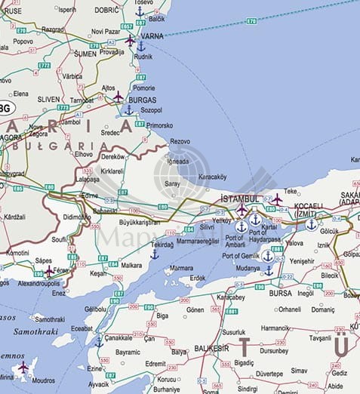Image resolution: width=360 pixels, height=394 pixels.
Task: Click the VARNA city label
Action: click(152, 35)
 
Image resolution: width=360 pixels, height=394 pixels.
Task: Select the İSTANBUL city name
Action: click(239, 199)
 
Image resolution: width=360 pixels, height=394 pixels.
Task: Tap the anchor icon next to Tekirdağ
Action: click(154, 254)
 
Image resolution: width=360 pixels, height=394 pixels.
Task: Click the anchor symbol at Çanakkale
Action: click(99, 342)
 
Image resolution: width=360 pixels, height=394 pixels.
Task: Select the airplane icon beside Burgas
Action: click(118, 96)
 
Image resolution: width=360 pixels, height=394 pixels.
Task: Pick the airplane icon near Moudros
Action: click(23, 367)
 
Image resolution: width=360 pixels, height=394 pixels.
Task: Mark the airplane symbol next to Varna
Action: click(130, 39)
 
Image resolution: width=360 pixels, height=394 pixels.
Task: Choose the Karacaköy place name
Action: click(212, 177)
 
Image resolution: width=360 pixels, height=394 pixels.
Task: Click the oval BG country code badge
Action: click(5, 108)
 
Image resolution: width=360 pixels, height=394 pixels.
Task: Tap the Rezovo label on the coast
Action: click(180, 141)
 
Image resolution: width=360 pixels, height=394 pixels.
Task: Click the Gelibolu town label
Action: click(95, 309)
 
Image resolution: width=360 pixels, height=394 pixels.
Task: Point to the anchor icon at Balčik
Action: click(140, 11)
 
